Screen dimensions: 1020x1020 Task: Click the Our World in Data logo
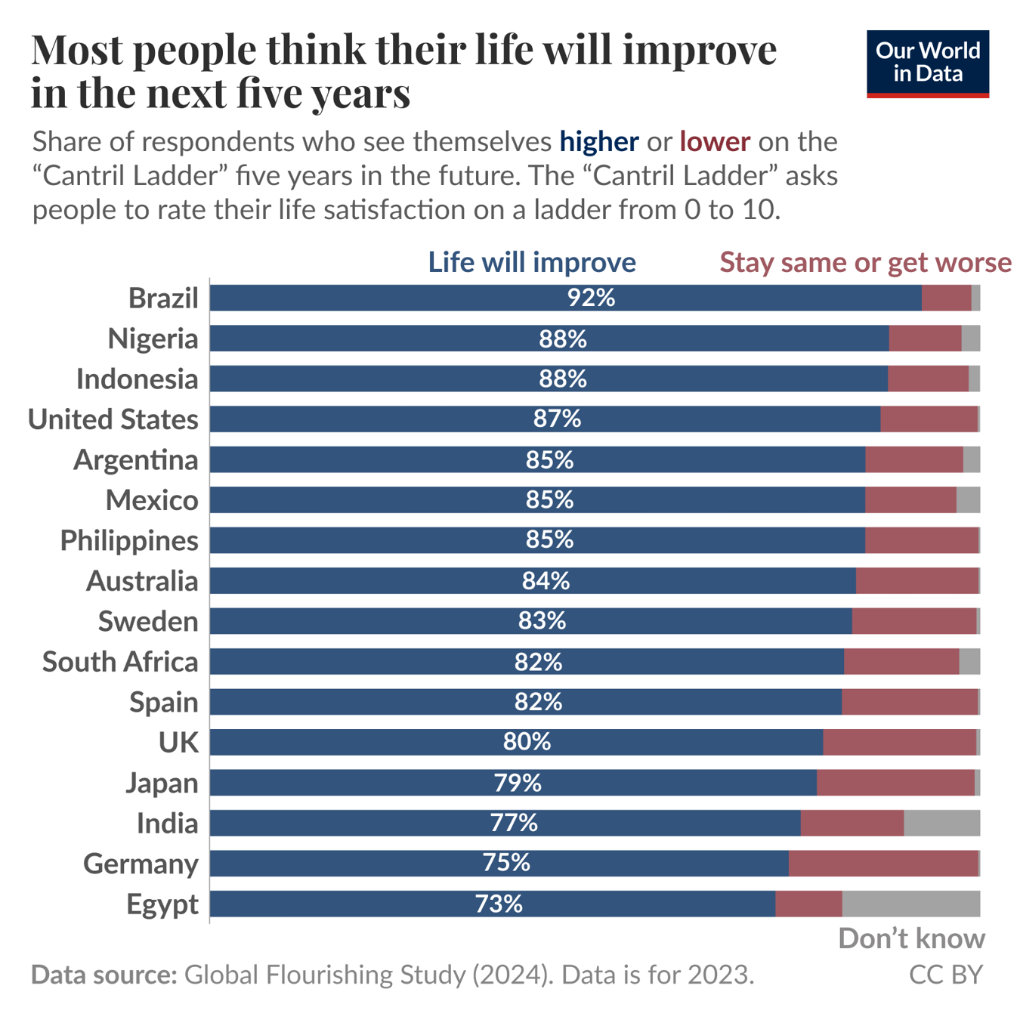(927, 63)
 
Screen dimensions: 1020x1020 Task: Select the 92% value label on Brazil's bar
(591, 298)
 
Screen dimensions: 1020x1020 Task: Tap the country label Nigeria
(153, 338)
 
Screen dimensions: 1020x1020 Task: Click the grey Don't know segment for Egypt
(910, 904)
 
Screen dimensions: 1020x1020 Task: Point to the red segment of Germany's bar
(883, 863)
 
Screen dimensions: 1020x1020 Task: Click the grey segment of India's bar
(941, 823)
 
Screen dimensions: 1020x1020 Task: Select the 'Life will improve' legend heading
(532, 262)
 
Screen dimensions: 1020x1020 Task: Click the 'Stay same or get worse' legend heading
(865, 262)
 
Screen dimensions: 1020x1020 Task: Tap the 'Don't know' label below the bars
(911, 938)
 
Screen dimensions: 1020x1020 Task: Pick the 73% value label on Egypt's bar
(499, 904)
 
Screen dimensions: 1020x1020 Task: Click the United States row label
(113, 419)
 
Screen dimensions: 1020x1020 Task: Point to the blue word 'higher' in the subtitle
(599, 142)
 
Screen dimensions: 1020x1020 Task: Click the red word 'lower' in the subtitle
(715, 142)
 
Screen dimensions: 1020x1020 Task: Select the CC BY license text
(945, 975)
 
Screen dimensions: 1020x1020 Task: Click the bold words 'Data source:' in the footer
(104, 975)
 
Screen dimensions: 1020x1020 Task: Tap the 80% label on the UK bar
(527, 742)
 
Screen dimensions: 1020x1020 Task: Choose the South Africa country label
(120, 662)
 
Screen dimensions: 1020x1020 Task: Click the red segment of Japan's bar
(895, 783)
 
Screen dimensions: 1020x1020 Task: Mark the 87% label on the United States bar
(557, 419)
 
